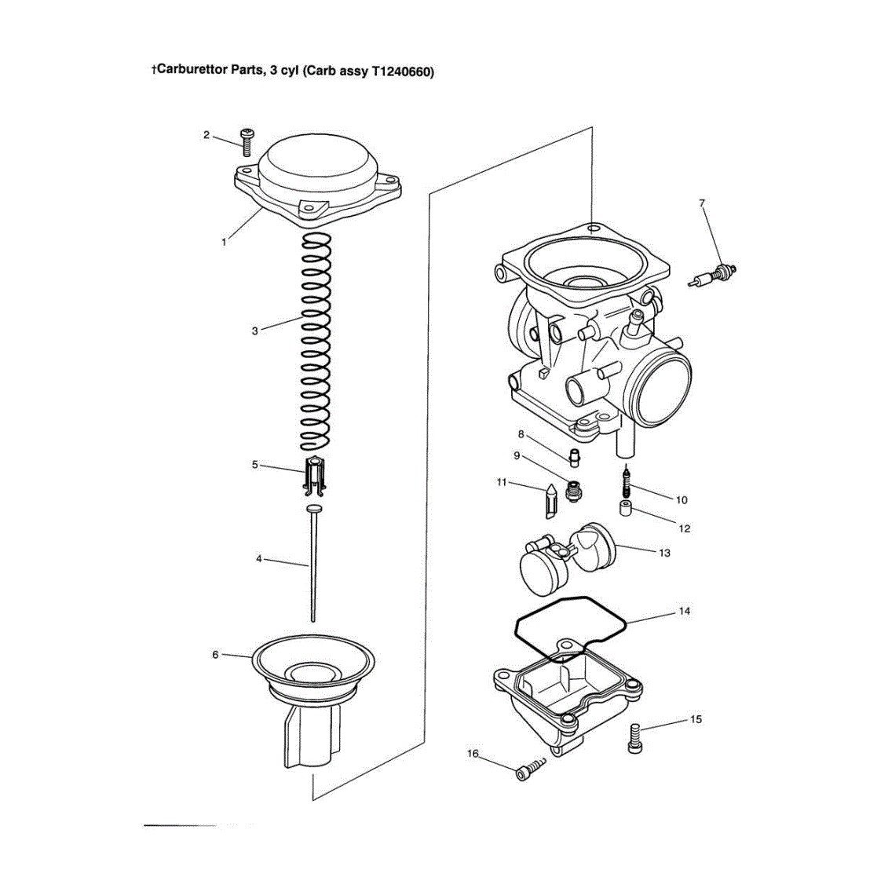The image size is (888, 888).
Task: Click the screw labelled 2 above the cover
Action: [247, 141]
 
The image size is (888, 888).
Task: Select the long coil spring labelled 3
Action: [316, 342]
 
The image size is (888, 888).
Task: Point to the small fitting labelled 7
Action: [712, 275]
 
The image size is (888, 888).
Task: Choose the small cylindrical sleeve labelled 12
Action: [625, 509]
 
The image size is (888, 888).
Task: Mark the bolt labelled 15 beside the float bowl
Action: [635, 739]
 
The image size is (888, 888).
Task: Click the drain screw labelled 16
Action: [530, 769]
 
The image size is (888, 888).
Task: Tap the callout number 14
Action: [685, 611]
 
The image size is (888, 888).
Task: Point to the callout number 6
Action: [215, 655]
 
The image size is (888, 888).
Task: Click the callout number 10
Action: [682, 500]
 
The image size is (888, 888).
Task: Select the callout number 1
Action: [224, 243]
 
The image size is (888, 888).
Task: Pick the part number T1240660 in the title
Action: [402, 72]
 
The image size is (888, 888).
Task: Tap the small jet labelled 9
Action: [574, 491]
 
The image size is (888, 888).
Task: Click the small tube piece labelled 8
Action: [574, 458]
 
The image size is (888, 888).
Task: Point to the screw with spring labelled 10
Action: [626, 481]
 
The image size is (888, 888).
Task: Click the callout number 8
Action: [521, 434]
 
